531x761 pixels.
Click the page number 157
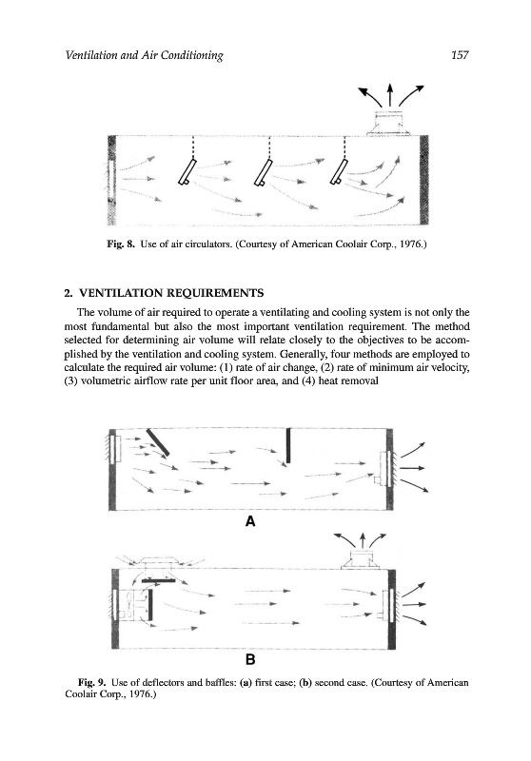click(x=460, y=55)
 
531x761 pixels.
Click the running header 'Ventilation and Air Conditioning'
click(x=144, y=55)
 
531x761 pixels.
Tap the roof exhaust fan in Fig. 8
click(x=389, y=123)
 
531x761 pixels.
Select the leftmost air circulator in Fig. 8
click(x=187, y=172)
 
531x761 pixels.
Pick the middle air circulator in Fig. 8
click(x=264, y=172)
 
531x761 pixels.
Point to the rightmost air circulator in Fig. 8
click(x=339, y=172)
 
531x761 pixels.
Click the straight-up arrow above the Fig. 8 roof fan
click(x=389, y=95)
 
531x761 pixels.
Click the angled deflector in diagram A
click(x=158, y=442)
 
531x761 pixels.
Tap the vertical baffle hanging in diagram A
click(x=288, y=445)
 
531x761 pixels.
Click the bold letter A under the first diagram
click(x=250, y=521)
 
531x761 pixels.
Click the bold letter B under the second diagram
click(x=250, y=659)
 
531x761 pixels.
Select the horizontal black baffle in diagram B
click(x=158, y=580)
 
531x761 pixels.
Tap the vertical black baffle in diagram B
click(x=150, y=604)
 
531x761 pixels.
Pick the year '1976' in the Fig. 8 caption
click(x=415, y=244)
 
